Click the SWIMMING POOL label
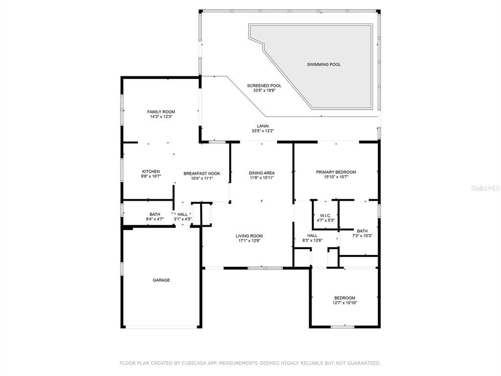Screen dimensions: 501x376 [x=324, y=65]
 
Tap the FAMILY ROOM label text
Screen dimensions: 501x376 [x=161, y=112]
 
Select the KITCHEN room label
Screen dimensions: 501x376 [x=151, y=172]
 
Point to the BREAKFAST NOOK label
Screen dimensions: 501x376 [x=202, y=174]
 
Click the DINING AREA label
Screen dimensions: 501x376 [x=262, y=173]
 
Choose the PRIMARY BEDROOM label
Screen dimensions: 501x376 [x=336, y=172]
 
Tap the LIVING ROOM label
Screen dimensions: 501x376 [x=249, y=236]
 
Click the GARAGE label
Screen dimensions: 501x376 [x=161, y=280]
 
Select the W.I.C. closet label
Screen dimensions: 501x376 [x=325, y=215]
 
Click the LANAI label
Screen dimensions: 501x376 [x=263, y=126]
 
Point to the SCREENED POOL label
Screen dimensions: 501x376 [x=264, y=86]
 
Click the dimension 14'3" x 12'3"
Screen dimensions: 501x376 [x=161, y=117]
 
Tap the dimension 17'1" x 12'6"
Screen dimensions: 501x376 [x=249, y=241]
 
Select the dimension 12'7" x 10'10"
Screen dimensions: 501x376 [x=345, y=303]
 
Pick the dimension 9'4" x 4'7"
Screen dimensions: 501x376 [x=155, y=219]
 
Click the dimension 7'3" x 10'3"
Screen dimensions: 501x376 [x=363, y=235]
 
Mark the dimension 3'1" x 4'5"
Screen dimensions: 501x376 [x=182, y=219]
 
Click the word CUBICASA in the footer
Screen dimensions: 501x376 [x=193, y=363]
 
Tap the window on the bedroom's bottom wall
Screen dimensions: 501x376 [x=342, y=327]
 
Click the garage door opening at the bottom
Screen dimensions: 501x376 [x=161, y=327]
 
